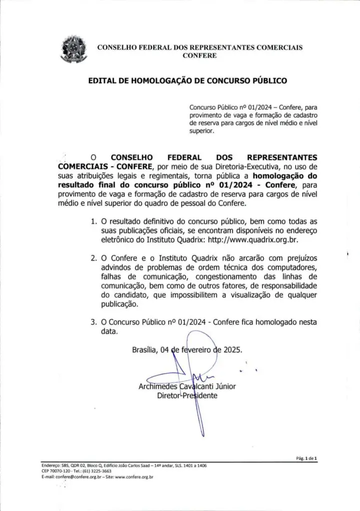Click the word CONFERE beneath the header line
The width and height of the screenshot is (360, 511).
tap(200, 56)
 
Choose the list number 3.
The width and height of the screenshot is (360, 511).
tap(94, 322)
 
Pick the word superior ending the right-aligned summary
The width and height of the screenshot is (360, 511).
tap(202, 131)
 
